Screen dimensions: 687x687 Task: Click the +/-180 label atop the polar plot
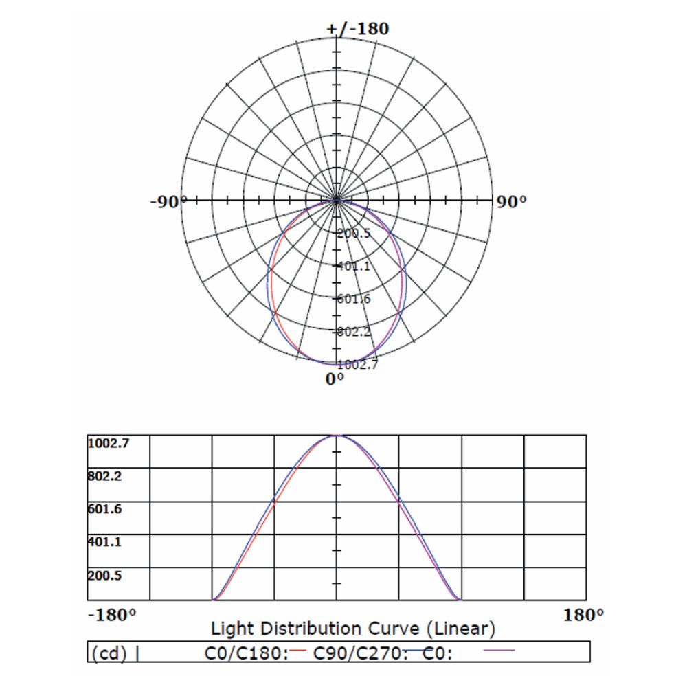(x=358, y=29)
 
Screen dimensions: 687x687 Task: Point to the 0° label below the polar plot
(x=335, y=379)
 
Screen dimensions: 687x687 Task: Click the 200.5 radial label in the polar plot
(x=354, y=233)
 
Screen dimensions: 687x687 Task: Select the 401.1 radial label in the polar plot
(x=354, y=266)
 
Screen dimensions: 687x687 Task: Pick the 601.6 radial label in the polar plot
(x=354, y=299)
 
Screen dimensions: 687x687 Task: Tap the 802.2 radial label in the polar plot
(x=354, y=332)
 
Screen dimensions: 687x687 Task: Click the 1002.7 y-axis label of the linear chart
(x=108, y=443)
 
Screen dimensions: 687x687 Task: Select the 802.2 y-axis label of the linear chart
(x=105, y=475)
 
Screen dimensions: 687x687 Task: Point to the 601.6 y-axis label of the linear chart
(x=105, y=509)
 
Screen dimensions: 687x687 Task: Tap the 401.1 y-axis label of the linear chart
(x=105, y=542)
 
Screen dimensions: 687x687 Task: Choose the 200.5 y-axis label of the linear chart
(x=105, y=575)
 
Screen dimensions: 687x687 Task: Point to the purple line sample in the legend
(x=499, y=649)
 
